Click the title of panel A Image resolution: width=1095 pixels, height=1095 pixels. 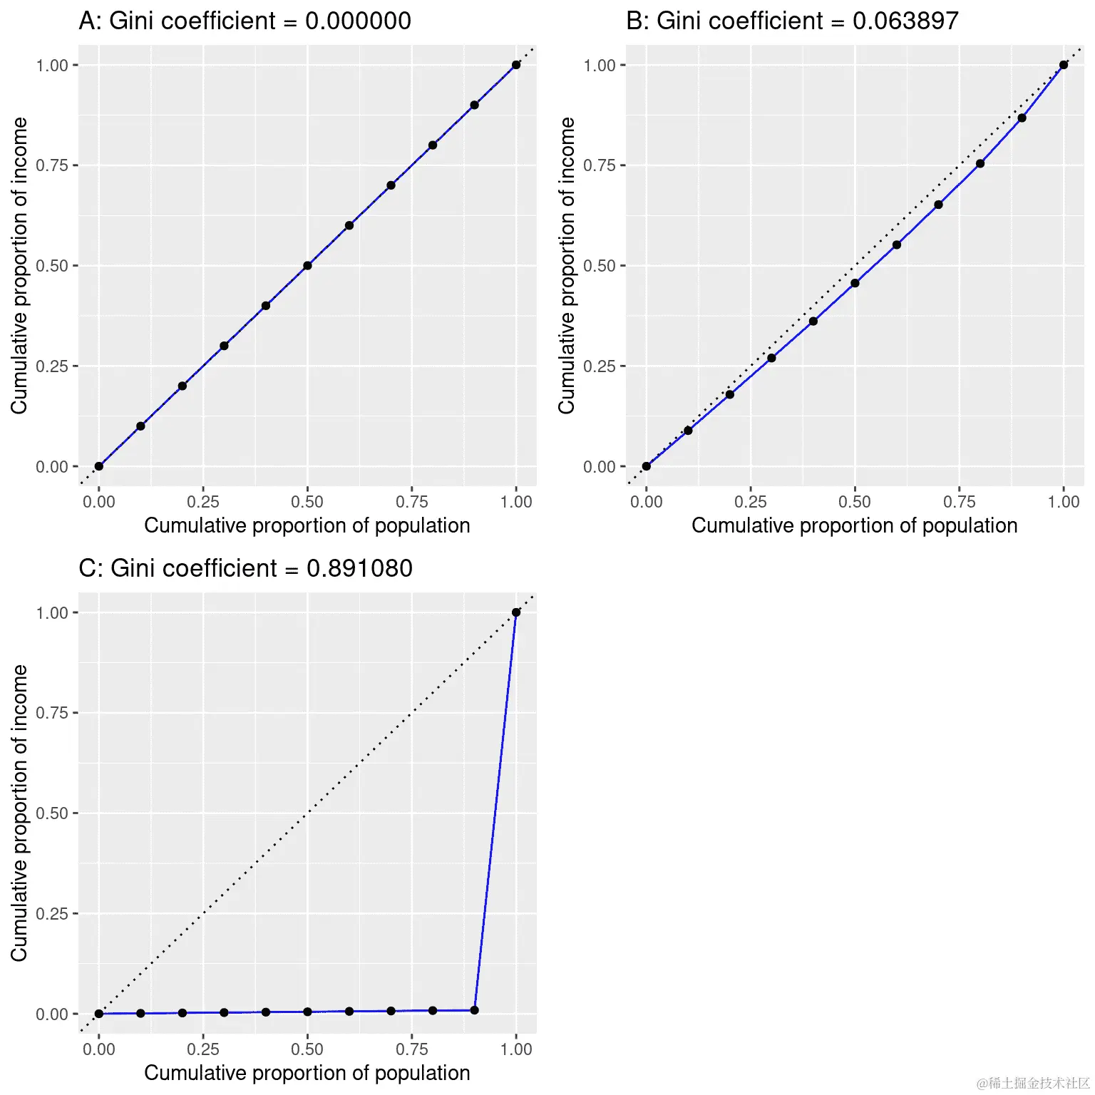point(245,21)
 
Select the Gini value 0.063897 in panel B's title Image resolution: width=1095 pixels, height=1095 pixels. point(905,21)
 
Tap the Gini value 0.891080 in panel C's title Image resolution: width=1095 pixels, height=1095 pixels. point(359,568)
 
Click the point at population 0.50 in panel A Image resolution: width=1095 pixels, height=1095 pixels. point(307,265)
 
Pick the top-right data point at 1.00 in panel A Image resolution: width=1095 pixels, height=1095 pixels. point(516,65)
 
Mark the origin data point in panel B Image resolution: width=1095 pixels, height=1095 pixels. point(646,466)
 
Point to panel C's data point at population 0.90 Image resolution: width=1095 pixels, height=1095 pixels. point(475,1010)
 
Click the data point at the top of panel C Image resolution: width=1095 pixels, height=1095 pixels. point(516,612)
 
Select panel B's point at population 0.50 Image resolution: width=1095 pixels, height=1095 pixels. point(855,283)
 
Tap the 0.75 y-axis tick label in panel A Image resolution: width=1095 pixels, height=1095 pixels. point(52,165)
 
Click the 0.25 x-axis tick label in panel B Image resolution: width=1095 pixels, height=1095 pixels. point(750,502)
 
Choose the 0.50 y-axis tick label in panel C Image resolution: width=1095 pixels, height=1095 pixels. point(52,813)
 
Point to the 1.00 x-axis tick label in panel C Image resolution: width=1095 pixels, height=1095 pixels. point(516,1049)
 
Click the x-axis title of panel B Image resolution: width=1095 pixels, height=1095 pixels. point(854,525)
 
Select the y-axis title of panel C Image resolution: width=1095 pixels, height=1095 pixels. point(19,813)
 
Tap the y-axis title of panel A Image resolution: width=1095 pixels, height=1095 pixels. point(19,265)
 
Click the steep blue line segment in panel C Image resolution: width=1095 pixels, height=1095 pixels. point(495,811)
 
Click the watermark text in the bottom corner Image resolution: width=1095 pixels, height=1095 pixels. point(1033,1084)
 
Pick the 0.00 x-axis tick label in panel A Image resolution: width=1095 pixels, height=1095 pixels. point(98,502)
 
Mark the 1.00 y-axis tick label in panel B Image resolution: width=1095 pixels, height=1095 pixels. point(600,66)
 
